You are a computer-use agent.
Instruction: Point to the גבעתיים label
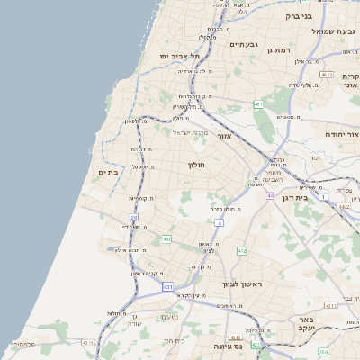pos(244,44)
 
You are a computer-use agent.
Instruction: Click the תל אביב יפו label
pos(179,57)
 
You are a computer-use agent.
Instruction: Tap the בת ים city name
pos(109,172)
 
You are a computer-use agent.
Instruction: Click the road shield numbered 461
pos(258,104)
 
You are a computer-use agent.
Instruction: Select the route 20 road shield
pos(134,218)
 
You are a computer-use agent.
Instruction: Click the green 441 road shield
pos(166,238)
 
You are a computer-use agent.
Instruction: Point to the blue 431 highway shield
pos(167,286)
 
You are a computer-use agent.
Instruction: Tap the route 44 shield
pos(270,194)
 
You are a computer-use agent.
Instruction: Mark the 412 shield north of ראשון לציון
pos(242,251)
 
